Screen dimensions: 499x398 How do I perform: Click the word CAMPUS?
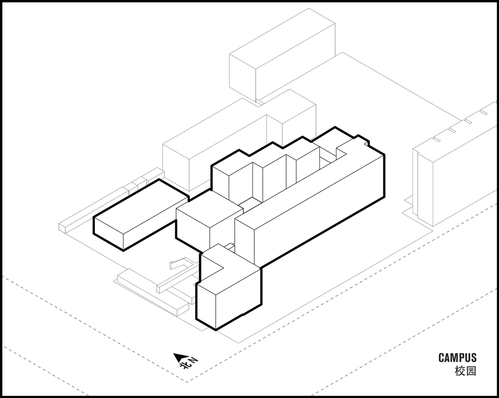pyautogui.click(x=457, y=358)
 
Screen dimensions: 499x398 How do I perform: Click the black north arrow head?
pyautogui.click(x=177, y=357)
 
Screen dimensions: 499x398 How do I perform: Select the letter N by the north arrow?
pyautogui.click(x=193, y=359)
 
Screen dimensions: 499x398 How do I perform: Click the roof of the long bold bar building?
pyautogui.click(x=309, y=185)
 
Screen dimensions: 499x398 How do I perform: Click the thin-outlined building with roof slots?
pyautogui.click(x=455, y=162)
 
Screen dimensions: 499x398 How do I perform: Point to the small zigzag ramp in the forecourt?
pyautogui.click(x=181, y=263)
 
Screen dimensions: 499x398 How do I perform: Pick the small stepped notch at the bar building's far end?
pyautogui.click(x=363, y=140)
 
